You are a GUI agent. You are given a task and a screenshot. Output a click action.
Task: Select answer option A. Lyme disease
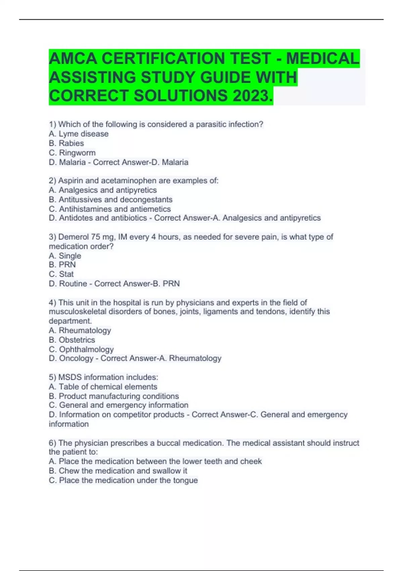[x=79, y=134]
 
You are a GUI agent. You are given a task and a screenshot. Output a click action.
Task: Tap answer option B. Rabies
[x=66, y=143]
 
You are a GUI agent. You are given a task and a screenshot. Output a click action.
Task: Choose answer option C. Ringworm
[x=72, y=153]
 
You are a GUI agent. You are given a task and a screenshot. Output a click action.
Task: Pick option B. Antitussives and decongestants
[x=110, y=200]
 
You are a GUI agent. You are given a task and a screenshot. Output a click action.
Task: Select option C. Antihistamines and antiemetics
[x=110, y=209]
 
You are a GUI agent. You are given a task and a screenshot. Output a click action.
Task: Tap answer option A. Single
[x=65, y=256]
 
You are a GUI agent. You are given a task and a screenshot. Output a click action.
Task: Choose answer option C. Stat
[x=61, y=274]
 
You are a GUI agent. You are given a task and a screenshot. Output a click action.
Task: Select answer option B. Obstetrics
[x=72, y=340]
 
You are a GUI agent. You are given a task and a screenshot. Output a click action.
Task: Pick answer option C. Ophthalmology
[x=81, y=349]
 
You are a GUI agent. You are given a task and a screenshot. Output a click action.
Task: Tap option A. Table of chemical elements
[x=103, y=387]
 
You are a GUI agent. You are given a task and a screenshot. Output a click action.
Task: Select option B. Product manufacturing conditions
[x=114, y=396]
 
